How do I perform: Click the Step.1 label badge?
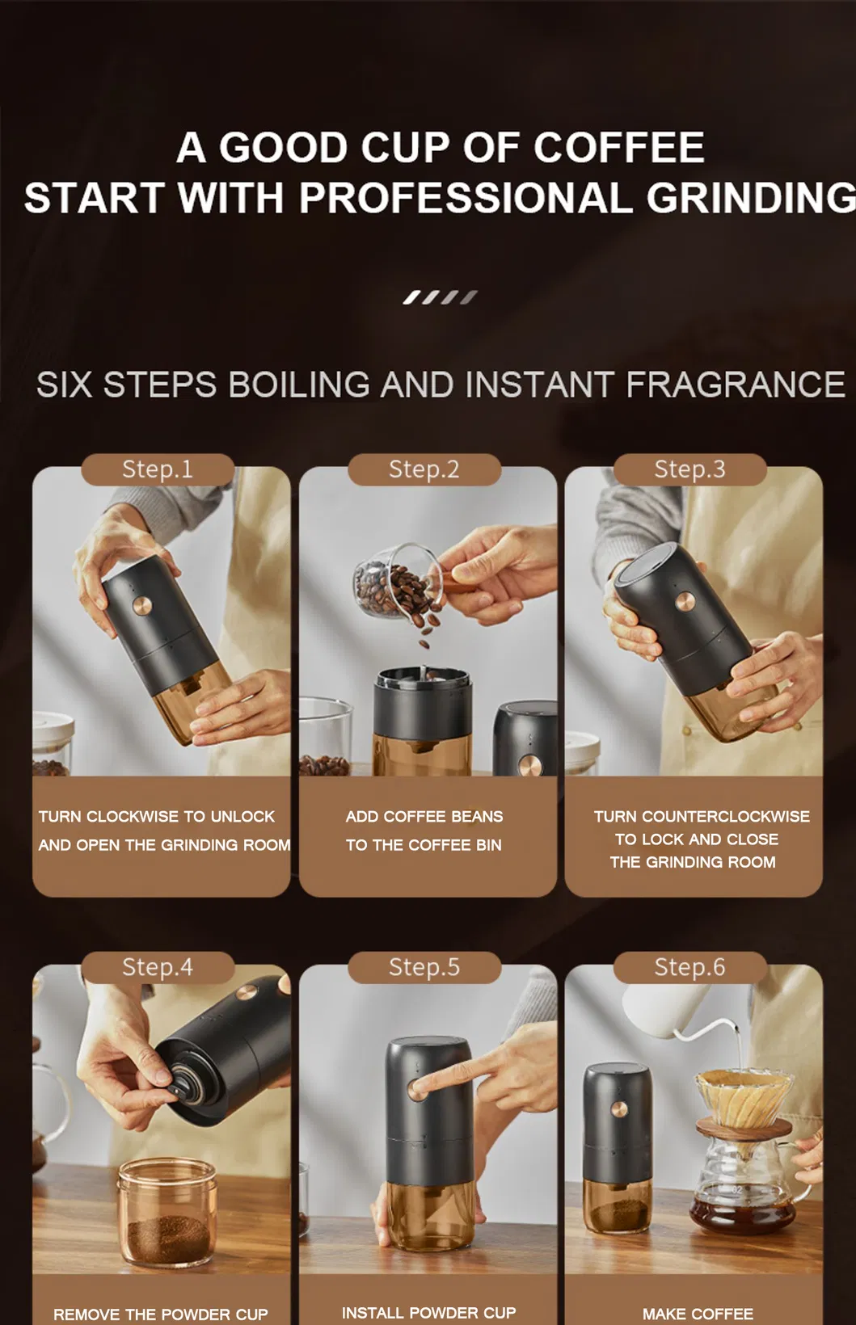(x=158, y=469)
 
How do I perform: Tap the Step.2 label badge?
(x=424, y=469)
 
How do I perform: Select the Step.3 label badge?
(x=689, y=469)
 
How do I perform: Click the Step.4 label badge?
(x=158, y=967)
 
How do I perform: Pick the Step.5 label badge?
(x=424, y=967)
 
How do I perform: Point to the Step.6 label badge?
(x=689, y=967)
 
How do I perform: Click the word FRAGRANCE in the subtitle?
(x=735, y=385)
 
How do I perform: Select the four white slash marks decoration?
(x=440, y=297)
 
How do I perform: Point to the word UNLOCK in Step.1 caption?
(x=242, y=817)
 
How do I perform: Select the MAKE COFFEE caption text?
(x=698, y=1314)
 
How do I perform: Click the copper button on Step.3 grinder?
(x=685, y=600)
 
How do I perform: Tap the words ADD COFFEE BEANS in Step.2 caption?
(x=424, y=817)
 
